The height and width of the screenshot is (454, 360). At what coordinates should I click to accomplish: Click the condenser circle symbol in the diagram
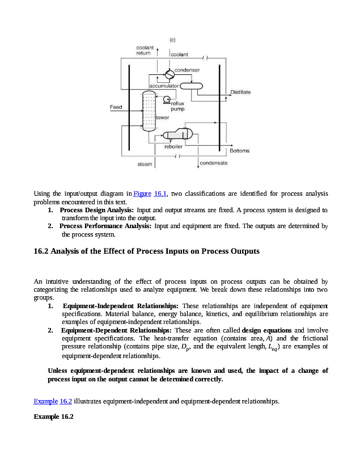169,74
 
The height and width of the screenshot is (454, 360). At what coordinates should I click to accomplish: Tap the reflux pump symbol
166,100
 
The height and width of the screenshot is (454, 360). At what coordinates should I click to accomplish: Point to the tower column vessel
148,112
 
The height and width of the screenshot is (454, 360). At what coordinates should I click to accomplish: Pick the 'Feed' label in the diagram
116,107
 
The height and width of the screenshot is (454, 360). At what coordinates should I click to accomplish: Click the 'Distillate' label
240,92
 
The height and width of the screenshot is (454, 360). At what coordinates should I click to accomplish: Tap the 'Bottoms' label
239,151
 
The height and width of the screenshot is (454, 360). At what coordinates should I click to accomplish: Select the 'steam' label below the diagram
145,164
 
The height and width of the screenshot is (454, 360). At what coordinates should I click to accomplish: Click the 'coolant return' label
143,50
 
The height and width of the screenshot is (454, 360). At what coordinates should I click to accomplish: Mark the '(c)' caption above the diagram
172,39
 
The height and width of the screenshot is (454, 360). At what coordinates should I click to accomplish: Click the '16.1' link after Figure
160,194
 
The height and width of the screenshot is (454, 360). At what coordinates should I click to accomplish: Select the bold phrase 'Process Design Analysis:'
96,210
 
